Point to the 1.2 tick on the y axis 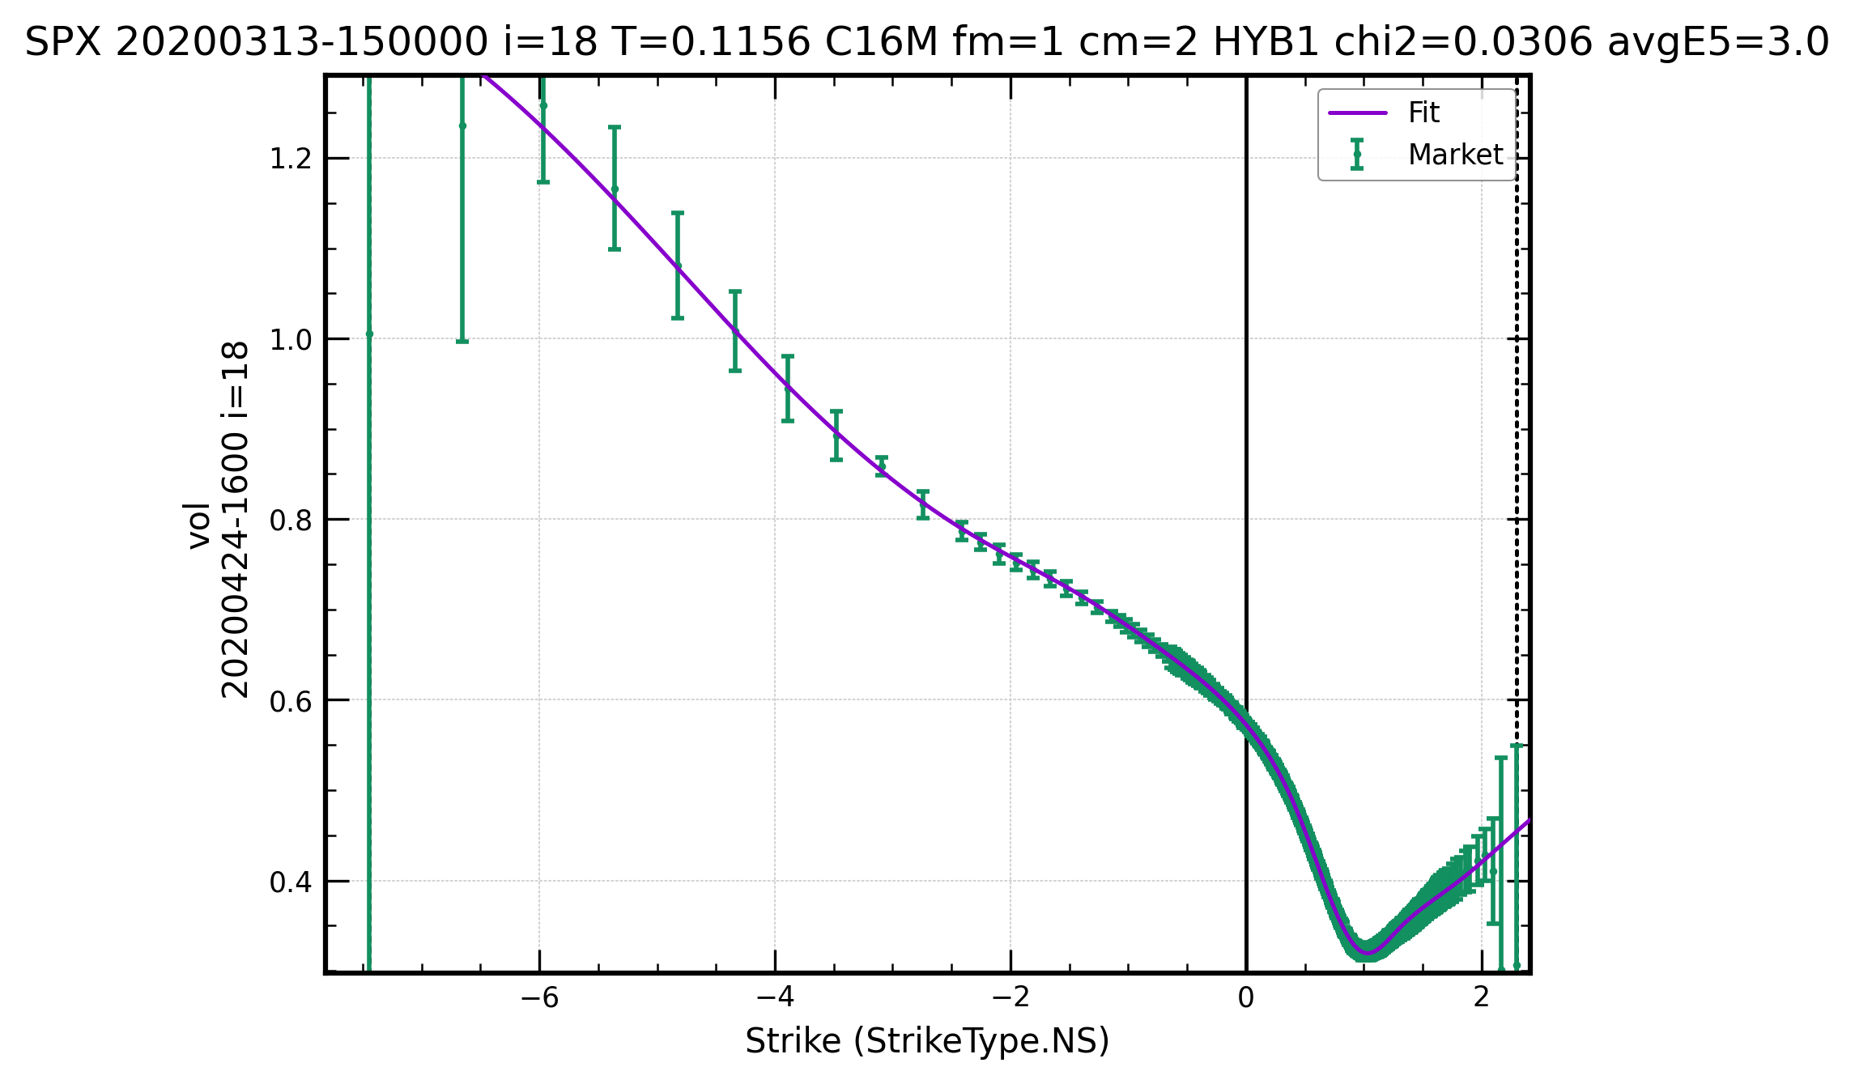[x=291, y=159]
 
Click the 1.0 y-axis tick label [x=291, y=339]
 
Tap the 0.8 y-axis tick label [x=291, y=520]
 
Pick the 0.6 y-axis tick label [x=291, y=700]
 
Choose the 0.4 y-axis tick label [x=291, y=882]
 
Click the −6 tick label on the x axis [x=539, y=997]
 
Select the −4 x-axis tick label [x=775, y=997]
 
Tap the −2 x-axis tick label [x=1010, y=997]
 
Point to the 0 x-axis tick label [x=1246, y=997]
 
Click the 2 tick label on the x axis [x=1482, y=997]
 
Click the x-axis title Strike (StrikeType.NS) [x=927, y=1041]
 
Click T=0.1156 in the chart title [x=710, y=42]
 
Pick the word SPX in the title [x=62, y=42]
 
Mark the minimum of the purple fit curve [x=1368, y=953]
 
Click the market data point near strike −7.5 [x=369, y=334]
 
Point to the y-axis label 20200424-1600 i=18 [x=235, y=519]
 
